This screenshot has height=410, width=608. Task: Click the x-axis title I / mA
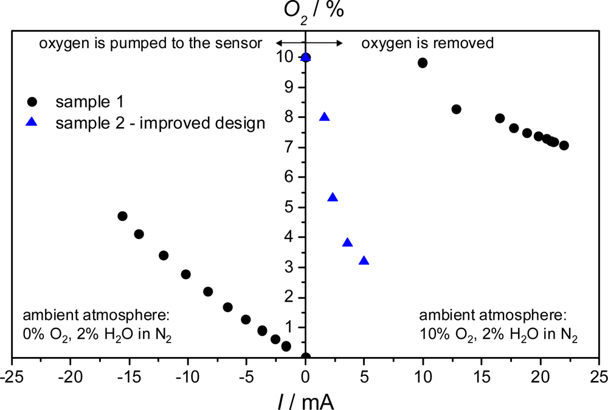point(306,399)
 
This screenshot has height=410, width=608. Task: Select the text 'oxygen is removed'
point(427,43)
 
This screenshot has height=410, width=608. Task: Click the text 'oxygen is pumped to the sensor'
point(151,43)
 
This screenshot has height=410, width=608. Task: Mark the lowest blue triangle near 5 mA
point(364,261)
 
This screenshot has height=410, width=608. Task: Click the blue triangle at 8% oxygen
point(325,117)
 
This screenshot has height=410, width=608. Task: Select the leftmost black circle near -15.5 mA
point(122,216)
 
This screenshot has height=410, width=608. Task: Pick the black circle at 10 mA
point(423,63)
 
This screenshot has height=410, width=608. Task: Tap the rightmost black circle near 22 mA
point(564,145)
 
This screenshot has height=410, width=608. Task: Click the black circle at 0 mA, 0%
point(306,357)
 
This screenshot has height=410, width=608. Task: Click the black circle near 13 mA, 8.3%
point(456,109)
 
